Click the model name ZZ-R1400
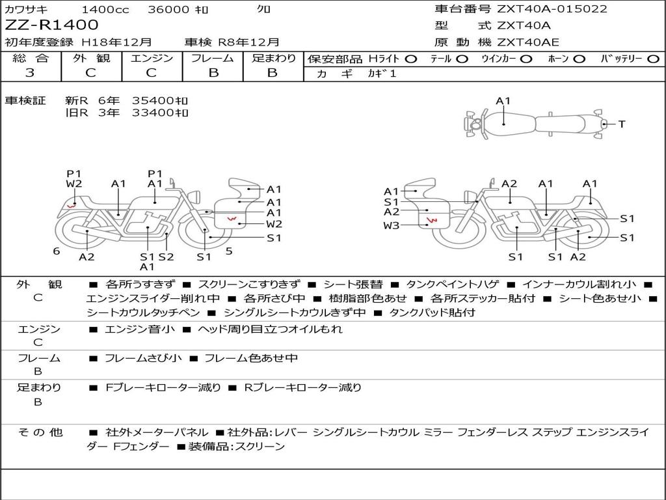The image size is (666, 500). click(x=51, y=25)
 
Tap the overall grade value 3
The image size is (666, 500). click(x=30, y=72)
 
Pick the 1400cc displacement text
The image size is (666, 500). click(x=105, y=9)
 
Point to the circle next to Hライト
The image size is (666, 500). click(x=411, y=59)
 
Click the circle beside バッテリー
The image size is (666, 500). click(x=653, y=59)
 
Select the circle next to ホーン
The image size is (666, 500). click(x=579, y=59)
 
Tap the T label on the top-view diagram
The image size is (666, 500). click(x=622, y=124)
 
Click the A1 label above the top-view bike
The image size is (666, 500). click(x=503, y=101)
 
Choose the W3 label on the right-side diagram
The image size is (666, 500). click(x=391, y=225)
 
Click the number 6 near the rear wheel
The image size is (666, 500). click(x=57, y=251)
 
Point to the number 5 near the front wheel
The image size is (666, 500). click(x=229, y=251)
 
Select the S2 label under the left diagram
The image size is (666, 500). click(x=166, y=257)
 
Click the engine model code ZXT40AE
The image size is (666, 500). click(x=528, y=42)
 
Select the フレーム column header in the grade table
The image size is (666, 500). click(x=213, y=58)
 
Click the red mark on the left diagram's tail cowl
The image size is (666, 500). click(x=72, y=206)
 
